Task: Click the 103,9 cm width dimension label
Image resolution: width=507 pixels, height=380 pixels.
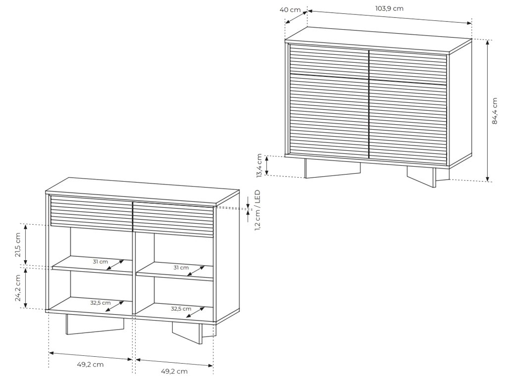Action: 389,9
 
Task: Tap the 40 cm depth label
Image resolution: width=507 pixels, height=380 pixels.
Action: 290,9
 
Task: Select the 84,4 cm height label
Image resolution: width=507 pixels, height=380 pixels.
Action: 495,111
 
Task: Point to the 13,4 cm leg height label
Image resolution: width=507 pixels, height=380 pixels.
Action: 259,166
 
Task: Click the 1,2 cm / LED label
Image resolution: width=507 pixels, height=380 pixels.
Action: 257,210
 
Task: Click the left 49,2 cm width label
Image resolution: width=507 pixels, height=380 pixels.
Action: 90,365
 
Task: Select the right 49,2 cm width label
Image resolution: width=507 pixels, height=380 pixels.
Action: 174,372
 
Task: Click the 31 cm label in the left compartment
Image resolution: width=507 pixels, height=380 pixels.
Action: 101,261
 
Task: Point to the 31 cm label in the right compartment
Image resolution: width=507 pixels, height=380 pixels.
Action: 181,268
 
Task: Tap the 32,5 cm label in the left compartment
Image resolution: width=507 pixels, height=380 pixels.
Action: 101,303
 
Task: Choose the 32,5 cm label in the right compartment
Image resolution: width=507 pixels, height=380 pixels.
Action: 181,309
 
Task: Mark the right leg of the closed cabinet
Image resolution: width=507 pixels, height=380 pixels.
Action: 427,176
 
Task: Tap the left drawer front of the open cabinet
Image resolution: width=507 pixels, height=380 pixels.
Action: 92,213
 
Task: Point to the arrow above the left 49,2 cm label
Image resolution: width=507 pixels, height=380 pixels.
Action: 91,356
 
